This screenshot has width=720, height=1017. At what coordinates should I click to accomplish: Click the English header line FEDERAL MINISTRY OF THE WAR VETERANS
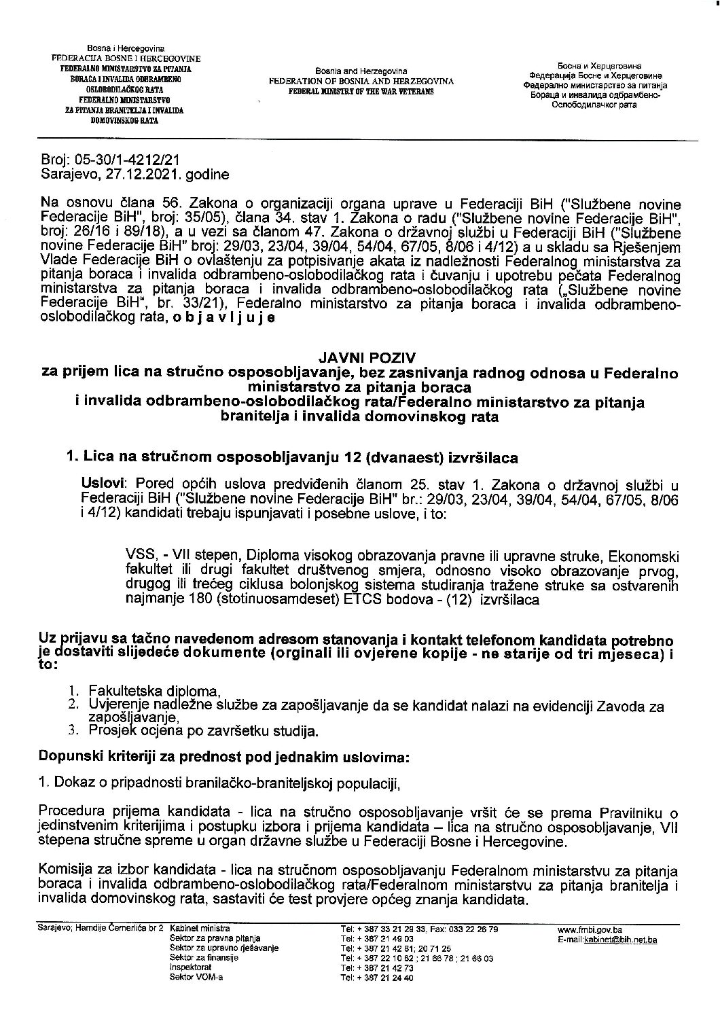click(x=360, y=90)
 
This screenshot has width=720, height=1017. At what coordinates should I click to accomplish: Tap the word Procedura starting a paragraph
click(x=67, y=813)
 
